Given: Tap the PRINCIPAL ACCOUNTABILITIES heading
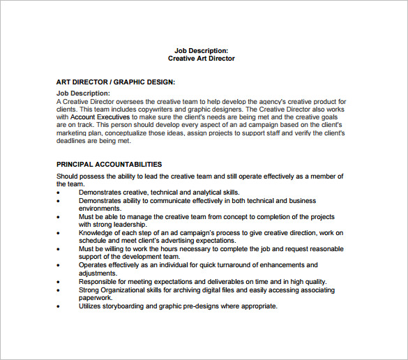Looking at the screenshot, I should click(x=109, y=164).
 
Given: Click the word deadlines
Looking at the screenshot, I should click(x=71, y=140).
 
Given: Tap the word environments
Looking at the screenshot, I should click(x=100, y=208).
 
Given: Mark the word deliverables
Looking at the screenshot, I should click(x=216, y=281).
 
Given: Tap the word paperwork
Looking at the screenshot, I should click(x=96, y=298).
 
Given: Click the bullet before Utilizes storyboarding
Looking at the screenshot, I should click(x=59, y=306).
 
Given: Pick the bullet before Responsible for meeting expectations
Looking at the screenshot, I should click(x=59, y=282).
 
